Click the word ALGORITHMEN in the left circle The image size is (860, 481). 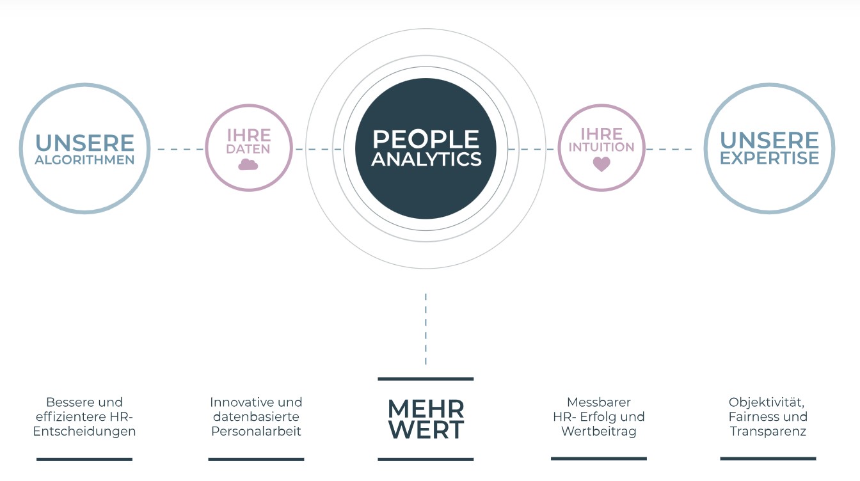tap(84, 160)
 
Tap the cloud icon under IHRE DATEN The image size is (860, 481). tap(248, 164)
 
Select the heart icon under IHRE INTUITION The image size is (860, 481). tap(601, 164)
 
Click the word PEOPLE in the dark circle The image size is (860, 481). tap(426, 139)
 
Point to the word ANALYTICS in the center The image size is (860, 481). tap(426, 159)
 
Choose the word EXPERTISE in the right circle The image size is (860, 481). tap(769, 158)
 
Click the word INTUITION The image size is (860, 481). tap(601, 147)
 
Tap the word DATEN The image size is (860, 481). tap(248, 149)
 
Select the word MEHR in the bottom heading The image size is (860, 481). tap(426, 409)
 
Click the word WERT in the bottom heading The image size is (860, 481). tap(426, 430)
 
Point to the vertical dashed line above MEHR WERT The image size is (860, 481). tap(426, 329)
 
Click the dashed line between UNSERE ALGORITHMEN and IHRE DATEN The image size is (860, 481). tap(180, 149)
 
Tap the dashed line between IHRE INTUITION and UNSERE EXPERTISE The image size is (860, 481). tap(669, 149)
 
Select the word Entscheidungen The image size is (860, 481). tap(84, 431)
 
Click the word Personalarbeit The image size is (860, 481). tap(256, 431)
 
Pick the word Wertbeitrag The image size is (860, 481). tap(598, 431)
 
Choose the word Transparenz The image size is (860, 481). tap(768, 431)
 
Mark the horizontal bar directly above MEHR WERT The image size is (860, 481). tap(426, 379)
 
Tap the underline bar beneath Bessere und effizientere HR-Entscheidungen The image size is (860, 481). tap(84, 459)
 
